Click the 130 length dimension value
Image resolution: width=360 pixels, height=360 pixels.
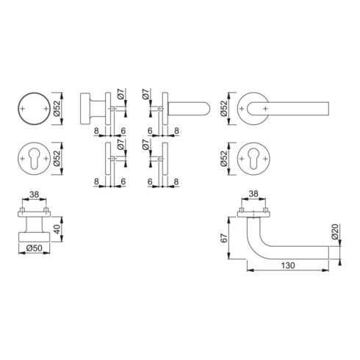click(x=288, y=265)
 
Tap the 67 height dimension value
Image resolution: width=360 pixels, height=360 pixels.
click(x=224, y=238)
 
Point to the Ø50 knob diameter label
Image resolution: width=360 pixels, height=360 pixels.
click(x=35, y=248)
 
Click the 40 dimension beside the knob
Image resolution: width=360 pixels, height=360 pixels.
click(x=57, y=229)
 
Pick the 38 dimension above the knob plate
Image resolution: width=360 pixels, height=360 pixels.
click(x=34, y=195)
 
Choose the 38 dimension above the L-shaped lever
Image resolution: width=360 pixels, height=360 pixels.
click(x=253, y=194)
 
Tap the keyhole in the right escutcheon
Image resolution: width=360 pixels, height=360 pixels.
click(x=253, y=159)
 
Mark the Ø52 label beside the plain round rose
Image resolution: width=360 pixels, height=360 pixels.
click(x=57, y=109)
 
